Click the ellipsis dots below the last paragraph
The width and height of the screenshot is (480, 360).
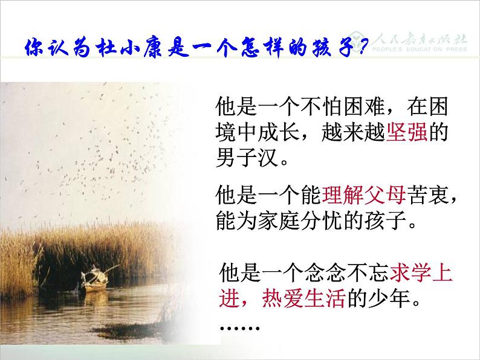[240, 328]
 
